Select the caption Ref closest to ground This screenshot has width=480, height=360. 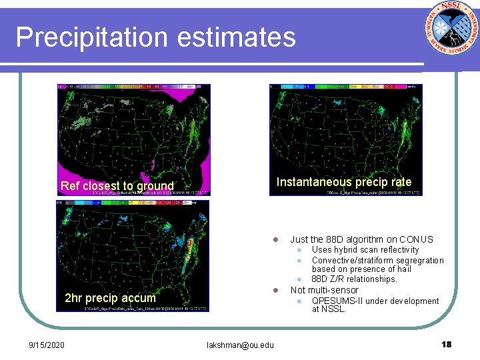point(117,186)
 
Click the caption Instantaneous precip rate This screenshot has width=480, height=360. point(344,182)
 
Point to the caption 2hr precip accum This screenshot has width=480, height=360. point(110,298)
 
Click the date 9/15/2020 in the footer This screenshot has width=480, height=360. point(47,345)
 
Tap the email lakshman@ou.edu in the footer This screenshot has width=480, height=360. point(240,345)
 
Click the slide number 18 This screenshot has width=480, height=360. point(446,345)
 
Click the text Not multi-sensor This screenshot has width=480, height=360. point(324,290)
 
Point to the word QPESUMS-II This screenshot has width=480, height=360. point(337,301)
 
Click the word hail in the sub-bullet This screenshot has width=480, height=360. point(404,269)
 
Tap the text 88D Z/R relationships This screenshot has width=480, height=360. point(354,279)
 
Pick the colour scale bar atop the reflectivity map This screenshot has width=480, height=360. point(133,87)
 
